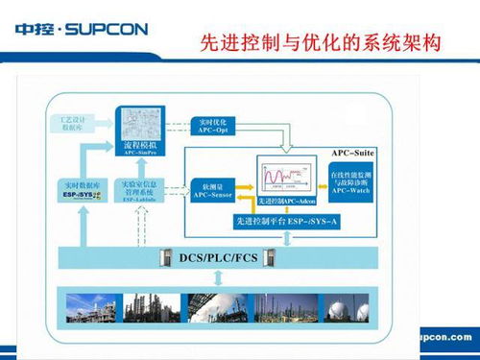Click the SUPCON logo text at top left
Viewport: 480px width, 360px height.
(82, 29)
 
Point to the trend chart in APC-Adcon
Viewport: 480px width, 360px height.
(287, 180)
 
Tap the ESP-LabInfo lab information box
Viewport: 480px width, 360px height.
(138, 188)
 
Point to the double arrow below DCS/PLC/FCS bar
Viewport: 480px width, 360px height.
(221, 277)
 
